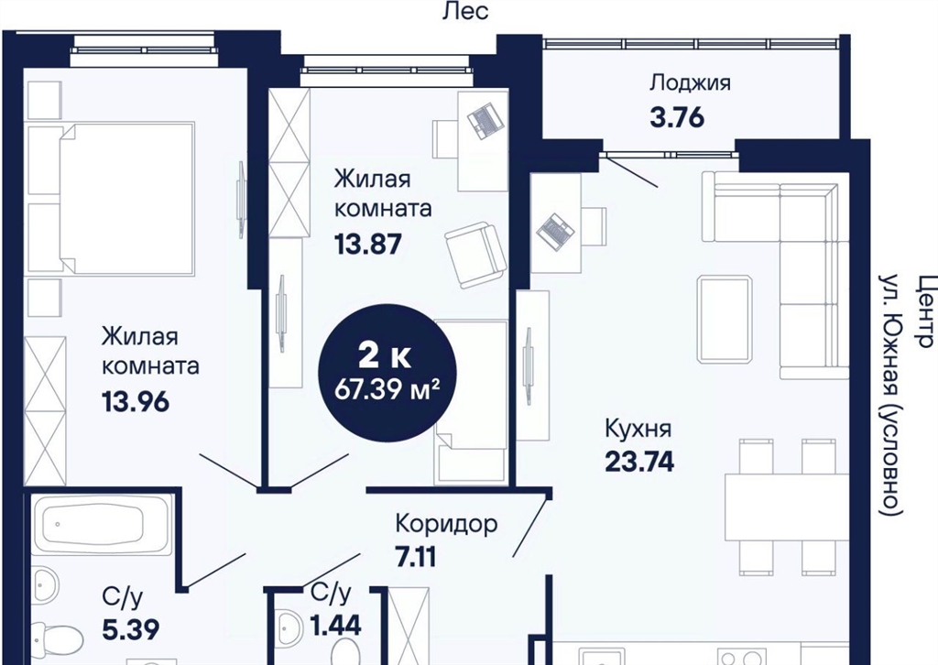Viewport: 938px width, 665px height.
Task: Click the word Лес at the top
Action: [x=464, y=11]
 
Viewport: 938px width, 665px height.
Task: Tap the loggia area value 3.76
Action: [x=677, y=117]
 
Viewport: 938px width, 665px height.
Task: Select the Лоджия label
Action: [x=691, y=83]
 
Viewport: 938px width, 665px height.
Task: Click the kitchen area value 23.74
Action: [x=639, y=461]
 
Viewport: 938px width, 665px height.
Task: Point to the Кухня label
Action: [x=638, y=429]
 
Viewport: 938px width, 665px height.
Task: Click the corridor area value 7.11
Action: [x=416, y=557]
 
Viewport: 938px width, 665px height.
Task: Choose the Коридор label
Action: [x=446, y=525]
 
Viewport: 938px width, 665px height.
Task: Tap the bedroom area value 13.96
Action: [x=136, y=402]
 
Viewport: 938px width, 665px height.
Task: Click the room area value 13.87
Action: [x=368, y=244]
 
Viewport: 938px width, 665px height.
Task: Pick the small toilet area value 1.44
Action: [x=335, y=626]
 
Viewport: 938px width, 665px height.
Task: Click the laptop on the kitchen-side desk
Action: [x=555, y=230]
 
